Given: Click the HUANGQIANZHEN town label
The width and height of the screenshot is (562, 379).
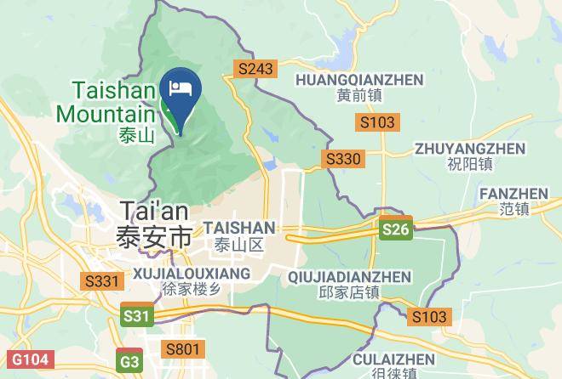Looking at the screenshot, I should pos(358,79).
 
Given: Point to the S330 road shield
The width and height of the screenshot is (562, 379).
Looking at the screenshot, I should pos(343,159).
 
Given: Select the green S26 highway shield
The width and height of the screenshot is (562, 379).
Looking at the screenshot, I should pos(396,229).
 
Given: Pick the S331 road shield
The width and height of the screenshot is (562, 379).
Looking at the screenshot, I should pos(101,280).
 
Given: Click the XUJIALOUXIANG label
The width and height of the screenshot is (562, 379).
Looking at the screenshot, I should pos(192,273).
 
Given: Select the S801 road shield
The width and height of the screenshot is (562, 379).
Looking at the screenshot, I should pos(184,348).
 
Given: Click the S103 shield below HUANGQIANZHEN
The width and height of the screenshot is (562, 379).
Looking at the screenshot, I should pos(376,122).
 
